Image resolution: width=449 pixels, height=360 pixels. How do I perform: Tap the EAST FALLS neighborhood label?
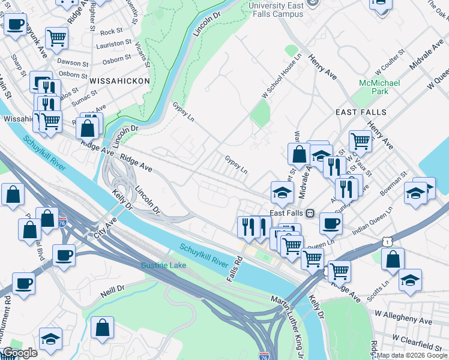[x=361, y=112]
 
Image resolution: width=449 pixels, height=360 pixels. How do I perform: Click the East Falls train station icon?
[x=311, y=213]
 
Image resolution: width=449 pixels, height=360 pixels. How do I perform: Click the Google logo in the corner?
[x=20, y=353]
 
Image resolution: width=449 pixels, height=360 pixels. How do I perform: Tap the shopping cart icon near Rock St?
[x=56, y=37]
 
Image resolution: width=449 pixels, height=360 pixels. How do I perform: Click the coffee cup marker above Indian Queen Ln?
[x=331, y=223]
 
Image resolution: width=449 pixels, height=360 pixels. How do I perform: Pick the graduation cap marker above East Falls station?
[x=282, y=191]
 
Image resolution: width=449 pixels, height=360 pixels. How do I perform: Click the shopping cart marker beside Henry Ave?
[x=360, y=140]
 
